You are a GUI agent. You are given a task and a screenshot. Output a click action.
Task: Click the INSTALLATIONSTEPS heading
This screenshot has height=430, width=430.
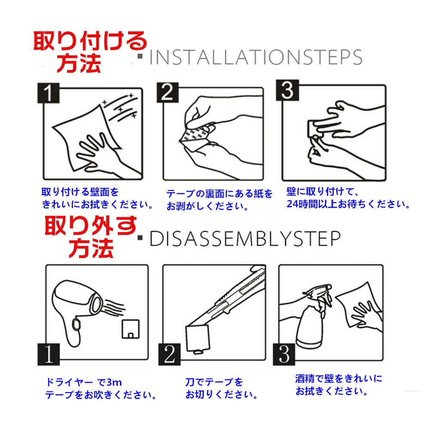(x=255, y=57)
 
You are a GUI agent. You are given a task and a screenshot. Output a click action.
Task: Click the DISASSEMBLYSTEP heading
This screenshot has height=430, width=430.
(x=245, y=239)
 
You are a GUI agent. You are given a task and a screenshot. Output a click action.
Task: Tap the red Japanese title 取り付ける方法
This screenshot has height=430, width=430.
(x=90, y=52)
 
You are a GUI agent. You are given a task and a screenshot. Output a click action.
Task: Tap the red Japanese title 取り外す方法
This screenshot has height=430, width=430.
(x=91, y=237)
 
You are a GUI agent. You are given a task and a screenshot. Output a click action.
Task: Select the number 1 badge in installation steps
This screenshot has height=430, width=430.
(x=48, y=93)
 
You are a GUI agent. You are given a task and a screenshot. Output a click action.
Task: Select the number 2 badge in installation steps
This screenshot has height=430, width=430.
(x=168, y=93)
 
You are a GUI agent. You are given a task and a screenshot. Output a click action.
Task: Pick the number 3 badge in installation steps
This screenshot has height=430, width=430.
(x=287, y=90)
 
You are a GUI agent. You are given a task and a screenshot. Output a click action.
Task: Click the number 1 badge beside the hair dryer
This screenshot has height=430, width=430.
(x=49, y=354)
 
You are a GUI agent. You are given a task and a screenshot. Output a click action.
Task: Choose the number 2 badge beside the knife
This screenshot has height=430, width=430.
(x=169, y=354)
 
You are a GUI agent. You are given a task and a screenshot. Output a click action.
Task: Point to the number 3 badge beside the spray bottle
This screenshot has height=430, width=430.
(x=284, y=354)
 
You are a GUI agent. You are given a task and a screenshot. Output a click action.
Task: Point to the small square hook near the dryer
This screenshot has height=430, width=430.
(x=131, y=329)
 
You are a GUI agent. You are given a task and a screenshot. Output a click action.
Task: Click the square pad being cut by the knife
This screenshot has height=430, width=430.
(x=197, y=339)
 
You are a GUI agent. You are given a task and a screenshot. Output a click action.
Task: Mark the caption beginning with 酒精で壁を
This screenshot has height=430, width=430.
(x=339, y=385)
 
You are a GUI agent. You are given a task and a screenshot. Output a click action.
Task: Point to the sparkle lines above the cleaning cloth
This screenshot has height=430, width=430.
(x=121, y=108)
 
